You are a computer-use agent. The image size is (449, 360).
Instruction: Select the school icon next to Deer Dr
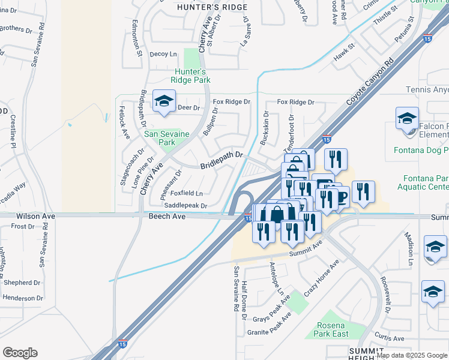[163, 102]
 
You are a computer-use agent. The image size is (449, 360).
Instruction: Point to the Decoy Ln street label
[163, 54]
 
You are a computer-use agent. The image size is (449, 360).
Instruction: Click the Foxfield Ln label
[187, 193]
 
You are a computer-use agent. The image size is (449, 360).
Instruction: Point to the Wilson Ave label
[36, 215]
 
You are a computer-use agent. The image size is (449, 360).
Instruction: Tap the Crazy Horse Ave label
[321, 278]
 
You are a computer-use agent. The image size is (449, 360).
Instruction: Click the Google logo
[20, 353]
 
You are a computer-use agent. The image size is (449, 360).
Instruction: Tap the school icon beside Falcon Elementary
[407, 119]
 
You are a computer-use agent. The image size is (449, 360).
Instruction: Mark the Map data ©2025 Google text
[412, 355]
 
